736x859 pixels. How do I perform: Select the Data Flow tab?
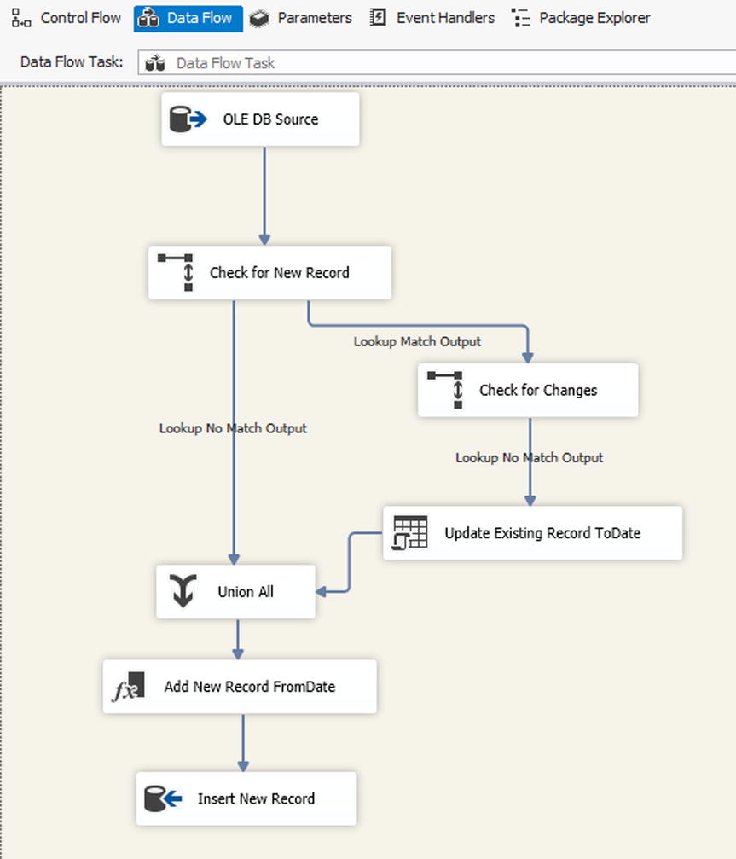pyautogui.click(x=188, y=18)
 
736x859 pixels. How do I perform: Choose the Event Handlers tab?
pyautogui.click(x=432, y=18)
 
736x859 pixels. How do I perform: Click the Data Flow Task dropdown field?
pyautogui.click(x=435, y=63)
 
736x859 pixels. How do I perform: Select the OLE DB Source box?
pyautogui.click(x=260, y=119)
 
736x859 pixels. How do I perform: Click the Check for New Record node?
pyautogui.click(x=269, y=273)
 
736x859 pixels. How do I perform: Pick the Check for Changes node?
pyautogui.click(x=528, y=391)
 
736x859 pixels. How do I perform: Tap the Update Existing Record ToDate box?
pyautogui.click(x=533, y=533)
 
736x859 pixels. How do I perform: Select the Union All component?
pyautogui.click(x=235, y=592)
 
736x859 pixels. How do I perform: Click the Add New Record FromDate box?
pyautogui.click(x=240, y=687)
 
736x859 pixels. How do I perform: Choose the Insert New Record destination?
pyautogui.click(x=246, y=799)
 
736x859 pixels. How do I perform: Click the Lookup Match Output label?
pyautogui.click(x=417, y=341)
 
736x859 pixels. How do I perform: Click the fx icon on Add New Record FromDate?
pyautogui.click(x=128, y=688)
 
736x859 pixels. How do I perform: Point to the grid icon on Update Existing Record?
pyautogui.click(x=409, y=533)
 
